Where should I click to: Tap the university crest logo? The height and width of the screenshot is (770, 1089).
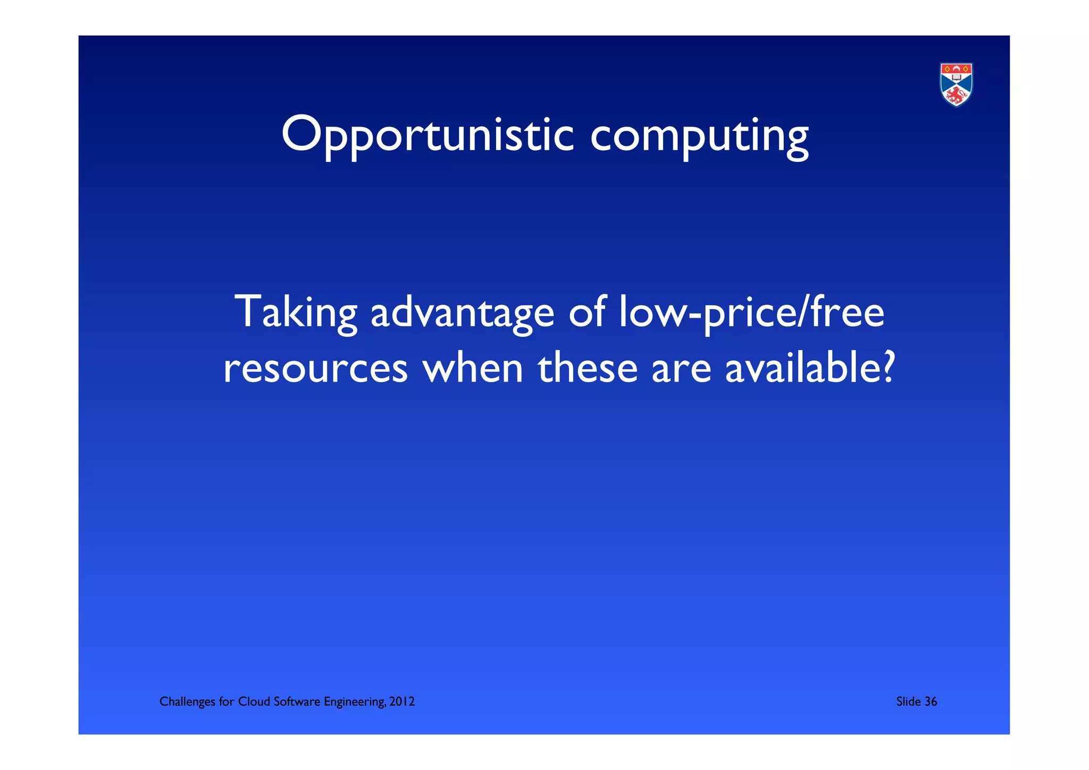coord(956,85)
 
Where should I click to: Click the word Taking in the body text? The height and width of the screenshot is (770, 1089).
coord(296,312)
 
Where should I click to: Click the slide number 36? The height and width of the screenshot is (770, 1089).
coord(931,702)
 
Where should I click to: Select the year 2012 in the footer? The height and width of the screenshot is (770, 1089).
coord(402,702)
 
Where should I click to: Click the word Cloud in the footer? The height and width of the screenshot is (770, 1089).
coord(254,702)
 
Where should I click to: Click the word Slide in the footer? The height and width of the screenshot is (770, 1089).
coord(908,702)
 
